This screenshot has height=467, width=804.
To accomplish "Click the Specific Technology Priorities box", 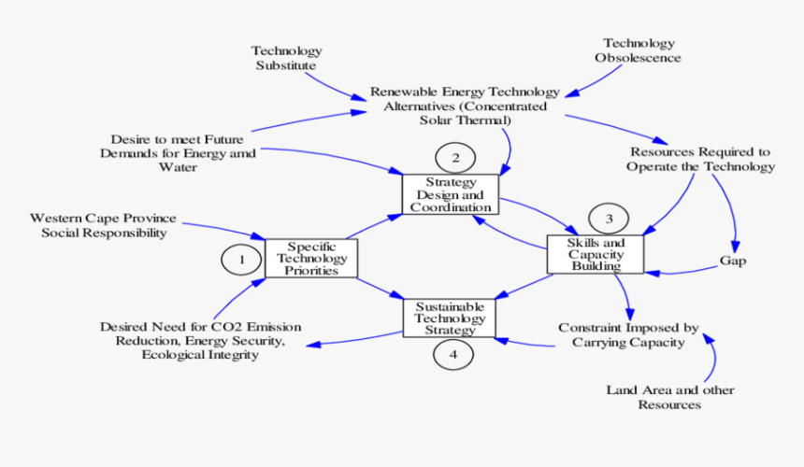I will tap(310, 258).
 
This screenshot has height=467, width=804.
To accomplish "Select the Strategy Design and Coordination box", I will tap(451, 194).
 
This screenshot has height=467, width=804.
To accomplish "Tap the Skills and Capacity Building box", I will tap(596, 254).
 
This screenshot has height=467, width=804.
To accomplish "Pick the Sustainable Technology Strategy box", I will tap(449, 318).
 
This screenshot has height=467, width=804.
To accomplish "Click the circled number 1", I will tap(241, 260).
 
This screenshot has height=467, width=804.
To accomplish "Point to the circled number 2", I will tap(455, 157).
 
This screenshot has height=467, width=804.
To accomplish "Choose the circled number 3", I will tap(610, 219).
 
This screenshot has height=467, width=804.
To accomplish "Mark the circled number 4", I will tap(453, 354).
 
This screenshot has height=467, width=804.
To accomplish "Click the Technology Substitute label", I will tap(286, 58).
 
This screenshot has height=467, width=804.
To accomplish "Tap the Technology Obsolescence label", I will tap(639, 50).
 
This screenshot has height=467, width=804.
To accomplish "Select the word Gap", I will tap(733, 261).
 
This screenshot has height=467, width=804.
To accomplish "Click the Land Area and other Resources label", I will tap(670, 397).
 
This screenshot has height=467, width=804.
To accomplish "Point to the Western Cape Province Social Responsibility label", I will tap(104, 225).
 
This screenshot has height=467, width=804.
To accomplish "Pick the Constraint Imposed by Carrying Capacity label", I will tap(628, 335).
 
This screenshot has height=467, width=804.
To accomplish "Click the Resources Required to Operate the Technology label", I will tap(702, 159).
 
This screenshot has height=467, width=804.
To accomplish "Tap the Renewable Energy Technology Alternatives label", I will tap(465, 106).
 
